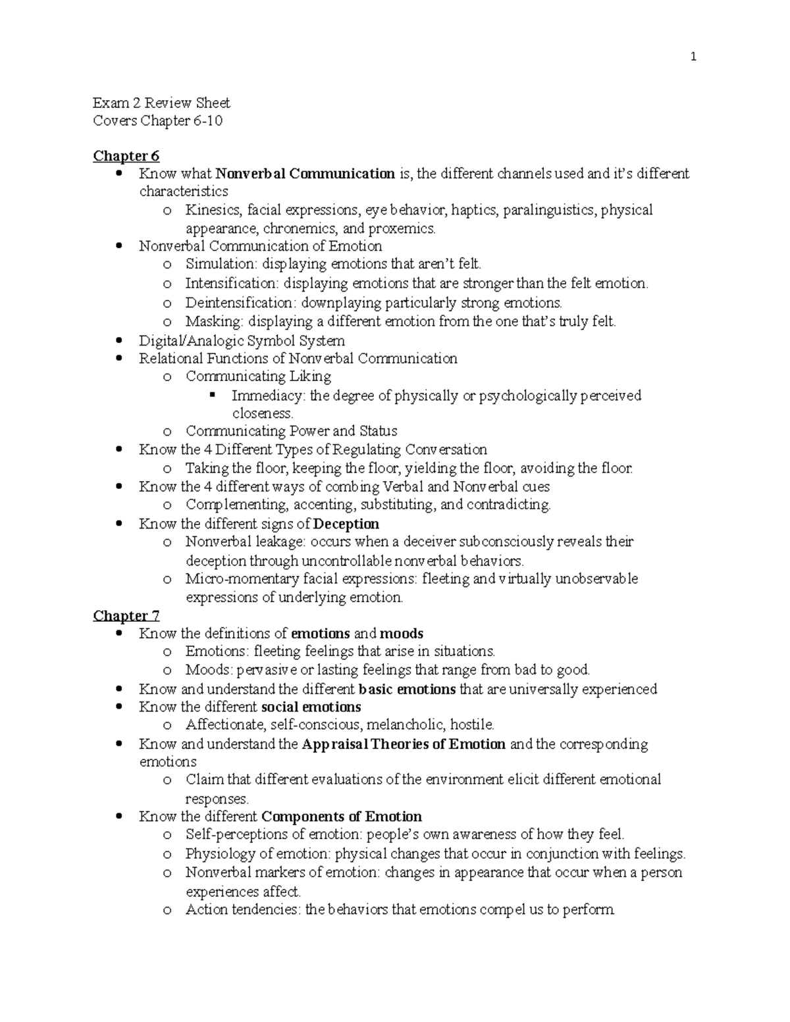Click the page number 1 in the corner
coord(693,57)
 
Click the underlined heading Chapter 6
coord(126,156)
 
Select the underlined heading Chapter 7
coord(126,615)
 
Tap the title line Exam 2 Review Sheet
coord(161,103)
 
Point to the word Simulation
coord(221,265)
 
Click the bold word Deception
coord(346,524)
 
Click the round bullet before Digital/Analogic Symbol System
coord(119,341)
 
